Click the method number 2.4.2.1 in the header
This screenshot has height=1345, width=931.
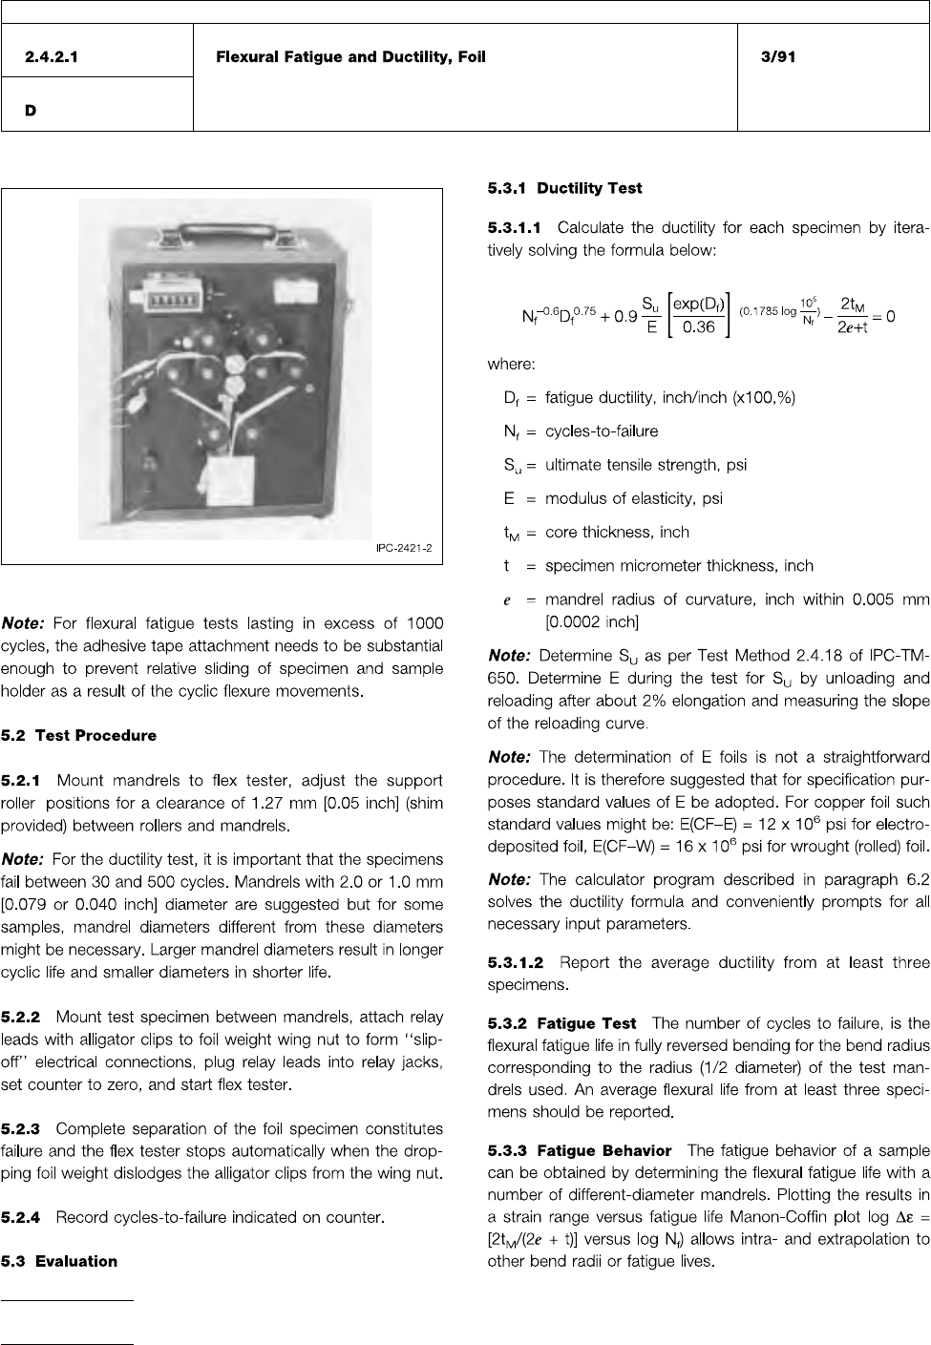click(53, 57)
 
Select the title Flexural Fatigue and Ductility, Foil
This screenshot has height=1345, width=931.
click(350, 57)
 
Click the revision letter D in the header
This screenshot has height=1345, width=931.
click(32, 111)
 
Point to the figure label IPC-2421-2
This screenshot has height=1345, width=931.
click(400, 548)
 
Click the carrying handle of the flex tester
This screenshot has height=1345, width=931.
click(223, 228)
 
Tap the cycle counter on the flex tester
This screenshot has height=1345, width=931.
click(167, 294)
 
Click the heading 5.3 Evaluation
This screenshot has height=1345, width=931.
click(59, 1262)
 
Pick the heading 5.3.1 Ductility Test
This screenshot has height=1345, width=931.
click(564, 189)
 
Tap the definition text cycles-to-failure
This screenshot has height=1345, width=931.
click(602, 431)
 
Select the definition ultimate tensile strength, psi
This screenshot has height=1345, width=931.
click(645, 465)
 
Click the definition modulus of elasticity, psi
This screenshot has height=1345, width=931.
click(633, 498)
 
